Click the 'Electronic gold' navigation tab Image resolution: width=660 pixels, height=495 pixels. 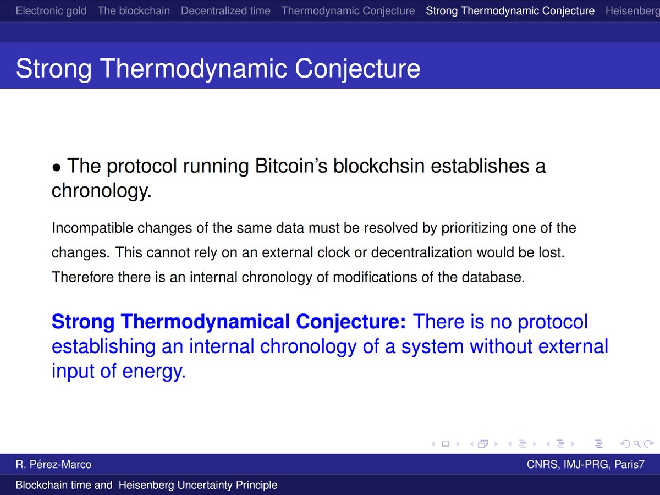click(51, 11)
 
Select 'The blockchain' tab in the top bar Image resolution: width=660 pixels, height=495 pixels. click(134, 11)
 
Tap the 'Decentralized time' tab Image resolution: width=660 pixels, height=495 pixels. click(226, 11)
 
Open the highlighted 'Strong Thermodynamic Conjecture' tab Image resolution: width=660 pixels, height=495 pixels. click(510, 11)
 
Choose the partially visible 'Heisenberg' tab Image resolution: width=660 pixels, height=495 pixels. click(632, 11)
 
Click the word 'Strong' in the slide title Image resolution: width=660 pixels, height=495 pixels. click(53, 69)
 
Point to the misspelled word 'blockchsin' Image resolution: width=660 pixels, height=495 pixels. click(379, 166)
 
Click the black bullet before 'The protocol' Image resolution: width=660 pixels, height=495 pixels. click(56, 168)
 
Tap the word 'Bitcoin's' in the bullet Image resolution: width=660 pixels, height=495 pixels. click(291, 166)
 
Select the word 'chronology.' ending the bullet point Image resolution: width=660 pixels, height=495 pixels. click(102, 191)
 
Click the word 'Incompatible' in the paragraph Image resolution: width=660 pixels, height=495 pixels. click(92, 228)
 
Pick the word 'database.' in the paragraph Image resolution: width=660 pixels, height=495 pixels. click(493, 277)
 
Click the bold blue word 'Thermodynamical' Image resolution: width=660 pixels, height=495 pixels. click(205, 322)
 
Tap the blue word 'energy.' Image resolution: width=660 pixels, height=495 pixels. click(154, 372)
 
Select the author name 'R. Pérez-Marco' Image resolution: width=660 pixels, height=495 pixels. click(53, 464)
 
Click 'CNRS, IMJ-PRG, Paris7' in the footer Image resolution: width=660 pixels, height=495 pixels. click(586, 464)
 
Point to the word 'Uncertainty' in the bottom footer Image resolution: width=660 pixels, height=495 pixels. click(205, 485)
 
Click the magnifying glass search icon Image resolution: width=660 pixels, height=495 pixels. click(637, 444)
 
